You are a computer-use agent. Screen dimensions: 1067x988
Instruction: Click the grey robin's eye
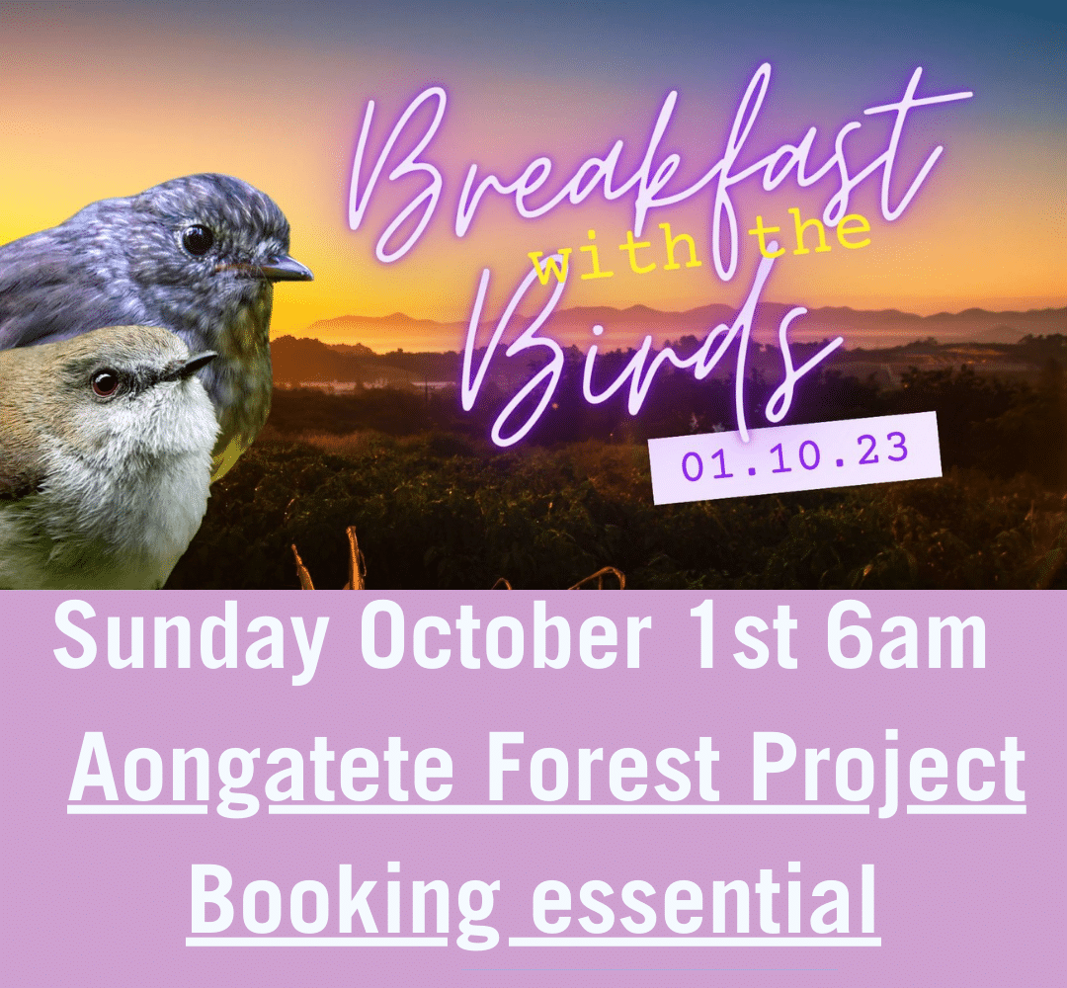(198, 239)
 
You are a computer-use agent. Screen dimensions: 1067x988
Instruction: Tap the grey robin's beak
(285, 268)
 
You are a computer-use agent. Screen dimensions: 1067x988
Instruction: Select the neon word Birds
(653, 361)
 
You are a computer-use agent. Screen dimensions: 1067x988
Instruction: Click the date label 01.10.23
(794, 457)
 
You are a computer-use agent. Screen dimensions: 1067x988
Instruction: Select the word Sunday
(192, 638)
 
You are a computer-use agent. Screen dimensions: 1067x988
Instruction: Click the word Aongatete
(262, 770)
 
